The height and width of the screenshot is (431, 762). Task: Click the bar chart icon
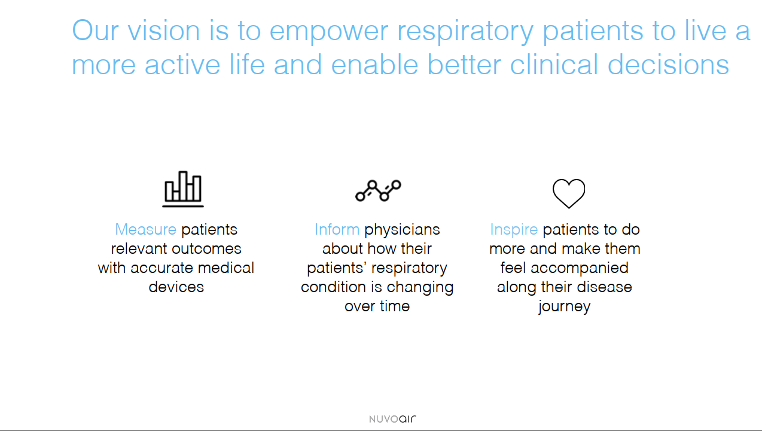pos(183,189)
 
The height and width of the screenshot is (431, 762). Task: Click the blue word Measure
pos(145,229)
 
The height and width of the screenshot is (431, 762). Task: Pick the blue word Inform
pos(337,229)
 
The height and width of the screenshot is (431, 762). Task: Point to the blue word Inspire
pos(514,230)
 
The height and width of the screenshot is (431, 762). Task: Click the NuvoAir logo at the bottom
pos(392,419)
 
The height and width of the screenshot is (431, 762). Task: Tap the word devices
pos(176,287)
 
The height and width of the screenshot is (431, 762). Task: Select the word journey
pos(565,306)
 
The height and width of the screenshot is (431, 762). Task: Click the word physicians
pos(402,230)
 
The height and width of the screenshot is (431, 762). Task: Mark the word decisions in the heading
pos(669,64)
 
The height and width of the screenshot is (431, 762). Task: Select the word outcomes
pos(207,249)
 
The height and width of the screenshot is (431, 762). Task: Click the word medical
pos(226,268)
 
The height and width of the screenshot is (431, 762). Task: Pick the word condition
pos(333,287)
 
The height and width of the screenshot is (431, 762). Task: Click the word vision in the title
pos(164,31)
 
